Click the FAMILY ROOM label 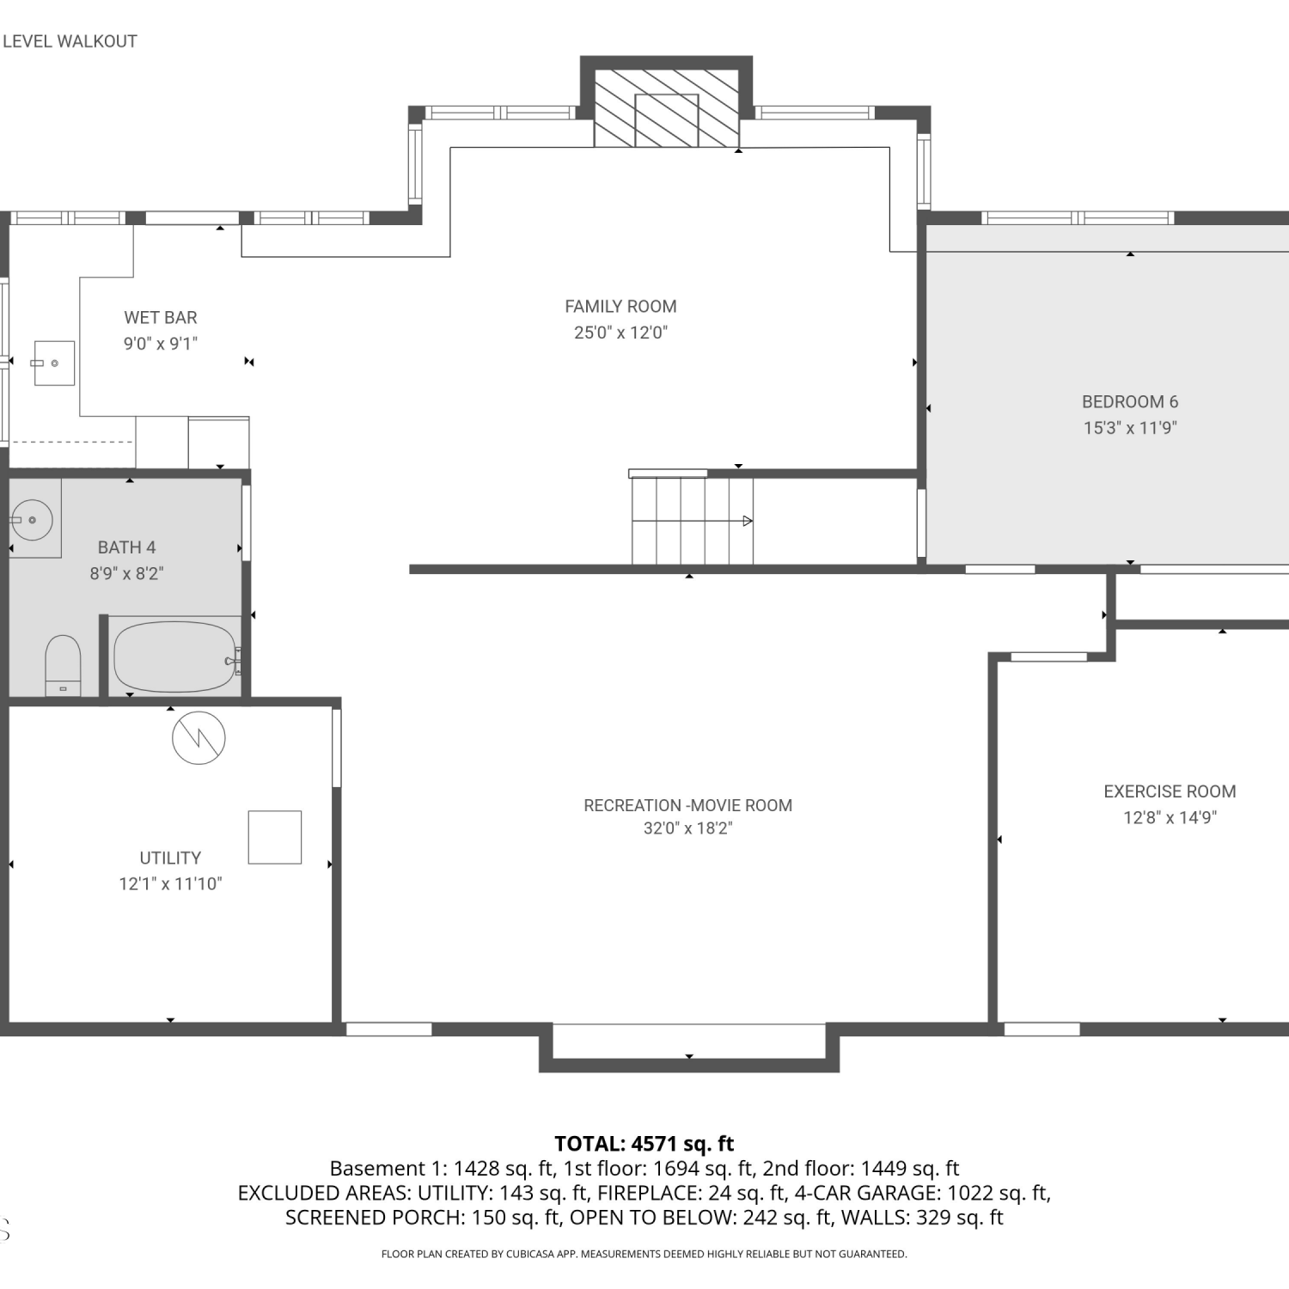[620, 307]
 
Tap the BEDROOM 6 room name [1130, 402]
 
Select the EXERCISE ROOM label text [1170, 791]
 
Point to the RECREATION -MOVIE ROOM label [687, 805]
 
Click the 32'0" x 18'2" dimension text [687, 828]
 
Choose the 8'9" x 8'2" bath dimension [126, 573]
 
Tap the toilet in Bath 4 [63, 665]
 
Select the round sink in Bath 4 [32, 520]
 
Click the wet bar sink [54, 363]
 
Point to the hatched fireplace [667, 108]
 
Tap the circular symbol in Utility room [199, 737]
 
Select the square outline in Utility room [275, 837]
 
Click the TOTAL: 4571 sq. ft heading [644, 1144]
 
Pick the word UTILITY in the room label [170, 858]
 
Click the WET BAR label [161, 318]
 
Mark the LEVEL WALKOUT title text [70, 41]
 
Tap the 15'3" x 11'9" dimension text [1130, 428]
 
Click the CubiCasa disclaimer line [644, 1254]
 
